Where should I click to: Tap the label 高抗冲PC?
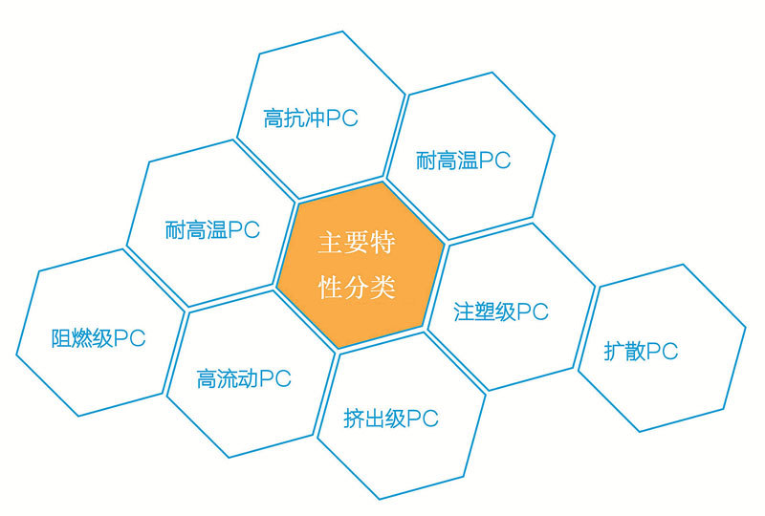(311, 119)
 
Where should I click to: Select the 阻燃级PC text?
(98, 338)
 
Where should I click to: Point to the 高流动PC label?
(244, 378)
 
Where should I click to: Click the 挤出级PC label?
(390, 419)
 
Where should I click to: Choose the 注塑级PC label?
(501, 312)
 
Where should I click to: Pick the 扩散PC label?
(641, 352)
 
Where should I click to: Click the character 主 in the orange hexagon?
(330, 244)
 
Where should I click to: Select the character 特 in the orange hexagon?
(383, 244)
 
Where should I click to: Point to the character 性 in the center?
(330, 288)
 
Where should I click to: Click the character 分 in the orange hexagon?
(357, 288)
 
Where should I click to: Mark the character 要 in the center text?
(357, 244)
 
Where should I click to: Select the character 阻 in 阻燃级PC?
(60, 339)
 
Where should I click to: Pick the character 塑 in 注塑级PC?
(487, 312)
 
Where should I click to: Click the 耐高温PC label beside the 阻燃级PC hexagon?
(212, 231)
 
